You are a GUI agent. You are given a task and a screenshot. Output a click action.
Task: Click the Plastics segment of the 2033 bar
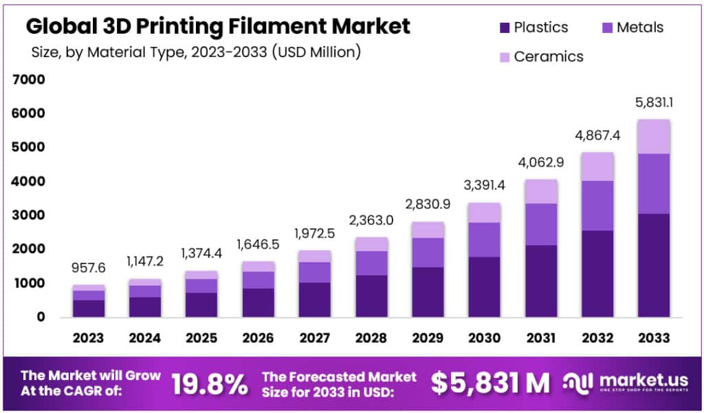coord(653,265)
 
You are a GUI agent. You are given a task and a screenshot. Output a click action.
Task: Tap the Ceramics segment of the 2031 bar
coord(540,191)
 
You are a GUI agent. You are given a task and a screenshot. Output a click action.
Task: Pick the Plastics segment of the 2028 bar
coord(371,296)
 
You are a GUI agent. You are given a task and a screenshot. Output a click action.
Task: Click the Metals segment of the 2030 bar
coord(484,240)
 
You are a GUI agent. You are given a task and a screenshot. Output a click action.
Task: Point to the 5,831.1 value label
coord(653,103)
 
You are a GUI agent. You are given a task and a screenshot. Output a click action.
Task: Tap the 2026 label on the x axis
coord(258,338)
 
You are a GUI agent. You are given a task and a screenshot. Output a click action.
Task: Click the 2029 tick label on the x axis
coord(428,338)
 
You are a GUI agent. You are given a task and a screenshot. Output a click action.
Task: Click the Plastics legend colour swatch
coord(504,28)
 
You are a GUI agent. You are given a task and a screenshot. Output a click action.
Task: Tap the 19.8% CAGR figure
coord(209,384)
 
